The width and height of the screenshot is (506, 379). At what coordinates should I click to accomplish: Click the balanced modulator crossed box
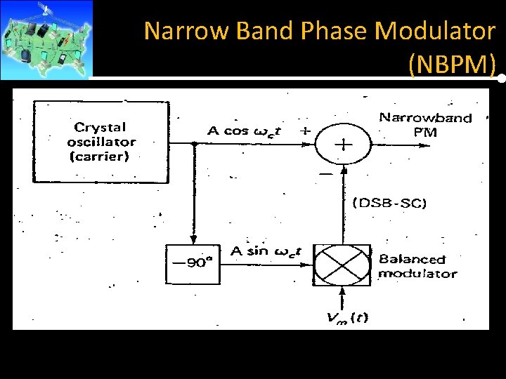[342, 264]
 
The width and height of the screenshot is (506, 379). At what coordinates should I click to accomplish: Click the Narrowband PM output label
[425, 124]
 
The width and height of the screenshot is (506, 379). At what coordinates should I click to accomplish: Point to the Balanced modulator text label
[417, 267]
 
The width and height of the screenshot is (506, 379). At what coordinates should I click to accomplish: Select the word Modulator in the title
[436, 31]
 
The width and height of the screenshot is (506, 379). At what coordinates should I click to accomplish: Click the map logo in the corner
[46, 39]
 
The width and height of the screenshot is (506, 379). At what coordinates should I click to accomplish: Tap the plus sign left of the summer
[306, 131]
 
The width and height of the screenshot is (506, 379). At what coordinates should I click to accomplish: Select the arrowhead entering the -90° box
[192, 240]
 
